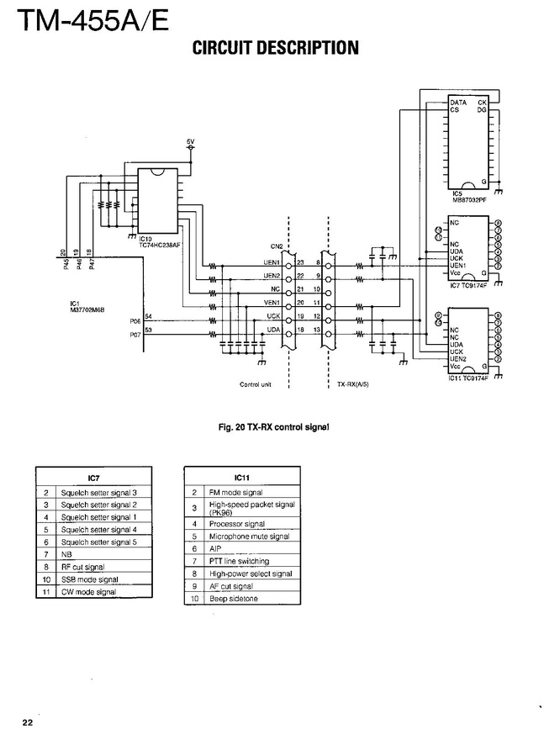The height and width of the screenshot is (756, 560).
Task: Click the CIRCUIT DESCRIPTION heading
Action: (x=276, y=48)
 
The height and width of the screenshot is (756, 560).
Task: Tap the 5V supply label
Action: (x=190, y=140)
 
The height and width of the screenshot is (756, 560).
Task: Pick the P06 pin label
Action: (x=135, y=320)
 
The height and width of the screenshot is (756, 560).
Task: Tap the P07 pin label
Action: (x=135, y=336)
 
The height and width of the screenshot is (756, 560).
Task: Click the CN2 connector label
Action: (x=277, y=246)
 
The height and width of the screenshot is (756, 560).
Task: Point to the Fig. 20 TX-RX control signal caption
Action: (x=273, y=428)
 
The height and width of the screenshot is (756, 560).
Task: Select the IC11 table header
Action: (x=241, y=477)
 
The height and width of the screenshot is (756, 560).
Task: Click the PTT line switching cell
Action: (x=239, y=561)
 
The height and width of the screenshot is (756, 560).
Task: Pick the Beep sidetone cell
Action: (x=234, y=599)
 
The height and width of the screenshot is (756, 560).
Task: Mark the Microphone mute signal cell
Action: (x=249, y=536)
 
